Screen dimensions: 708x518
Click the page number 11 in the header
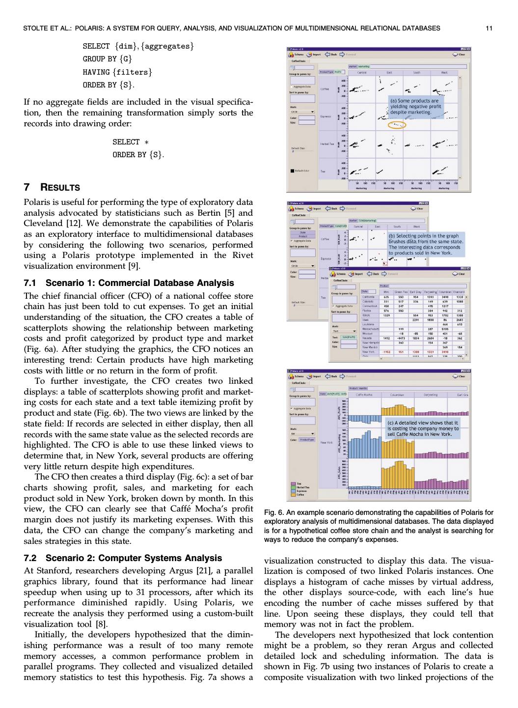tap(489, 28)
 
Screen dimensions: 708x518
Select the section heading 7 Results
tap(52, 187)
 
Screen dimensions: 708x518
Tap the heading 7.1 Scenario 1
tap(129, 283)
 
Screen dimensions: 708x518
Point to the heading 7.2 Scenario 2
tap(123, 558)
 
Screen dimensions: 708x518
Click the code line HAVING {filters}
tap(117, 72)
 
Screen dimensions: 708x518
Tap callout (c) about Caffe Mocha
tap(423, 428)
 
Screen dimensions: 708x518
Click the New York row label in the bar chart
tap(327, 443)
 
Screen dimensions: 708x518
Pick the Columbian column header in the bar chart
tap(397, 395)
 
